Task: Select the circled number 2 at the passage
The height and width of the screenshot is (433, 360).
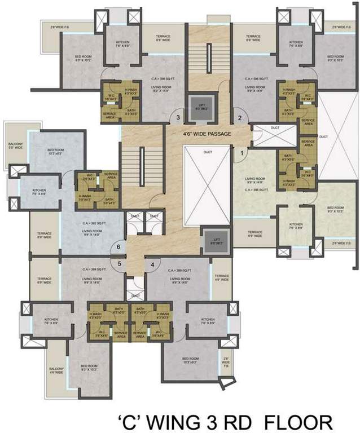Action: pyautogui.click(x=239, y=118)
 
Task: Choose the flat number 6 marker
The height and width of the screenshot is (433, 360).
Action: pyautogui.click(x=118, y=246)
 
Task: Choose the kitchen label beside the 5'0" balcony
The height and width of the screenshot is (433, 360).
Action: pyautogui.click(x=39, y=192)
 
